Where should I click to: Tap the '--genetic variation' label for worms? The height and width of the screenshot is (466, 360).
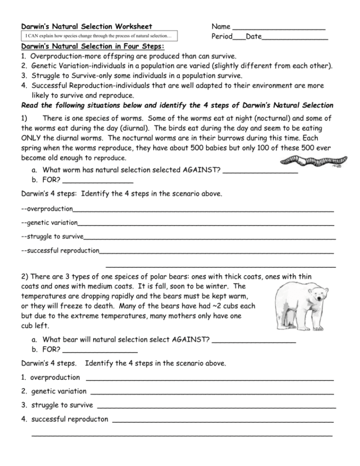click(x=50, y=222)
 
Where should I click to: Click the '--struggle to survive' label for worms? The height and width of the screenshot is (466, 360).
click(x=52, y=236)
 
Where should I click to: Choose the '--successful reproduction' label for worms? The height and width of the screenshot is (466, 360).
click(x=60, y=250)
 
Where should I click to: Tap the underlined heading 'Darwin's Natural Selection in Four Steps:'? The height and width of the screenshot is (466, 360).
click(x=92, y=47)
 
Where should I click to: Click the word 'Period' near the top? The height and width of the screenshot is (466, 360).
click(x=222, y=37)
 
